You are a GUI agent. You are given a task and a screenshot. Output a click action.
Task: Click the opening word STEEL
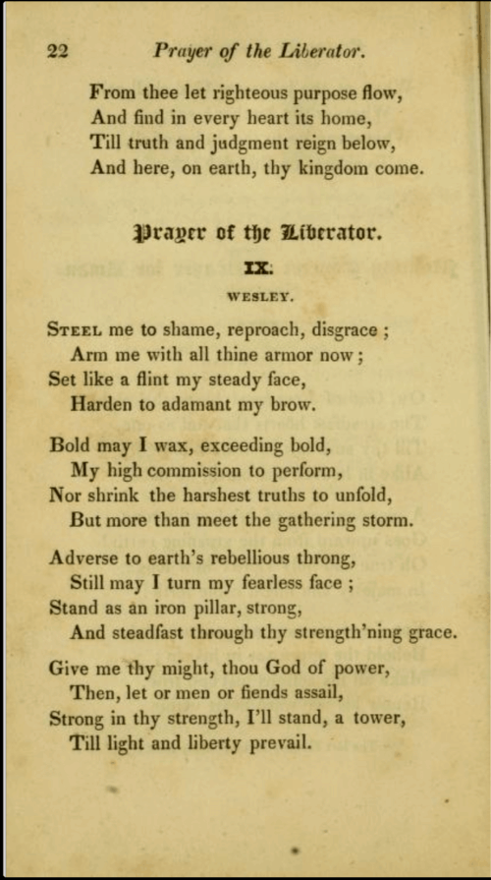tap(75, 330)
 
